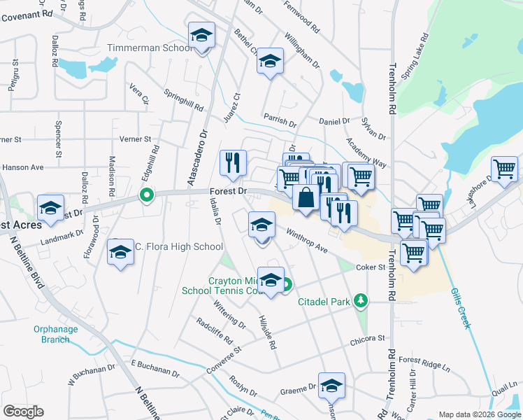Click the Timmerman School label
coord(148,48)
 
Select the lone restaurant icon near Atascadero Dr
coord(233,162)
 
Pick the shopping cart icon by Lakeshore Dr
coord(504,169)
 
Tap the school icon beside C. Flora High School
coord(120,251)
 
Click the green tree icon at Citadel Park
coord(361,300)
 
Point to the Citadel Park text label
coord(324,302)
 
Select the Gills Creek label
coord(462,308)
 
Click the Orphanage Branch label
coord(52,335)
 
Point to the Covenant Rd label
coord(26,13)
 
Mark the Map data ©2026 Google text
coord(479,414)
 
